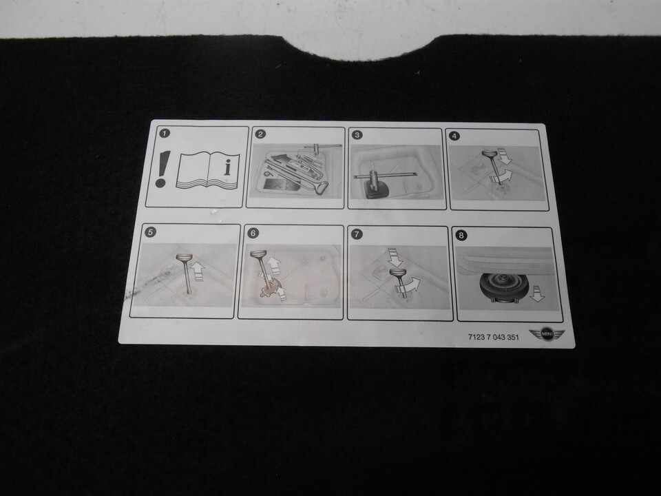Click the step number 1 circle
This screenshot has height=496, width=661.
click(165, 134)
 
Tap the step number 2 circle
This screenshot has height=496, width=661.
click(261, 134)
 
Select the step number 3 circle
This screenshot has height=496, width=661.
click(357, 135)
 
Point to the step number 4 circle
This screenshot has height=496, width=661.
click(454, 136)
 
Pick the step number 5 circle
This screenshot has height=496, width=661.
click(149, 231)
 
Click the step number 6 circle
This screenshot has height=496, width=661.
click(253, 233)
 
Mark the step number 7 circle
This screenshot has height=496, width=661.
click(357, 234)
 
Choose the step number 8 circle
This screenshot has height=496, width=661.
click(461, 236)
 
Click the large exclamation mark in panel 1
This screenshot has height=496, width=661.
click(162, 169)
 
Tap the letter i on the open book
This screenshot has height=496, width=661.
click(228, 167)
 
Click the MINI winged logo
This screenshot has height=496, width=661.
click(547, 334)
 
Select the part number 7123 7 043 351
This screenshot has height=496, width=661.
click(493, 337)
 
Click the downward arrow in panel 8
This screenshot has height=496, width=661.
click(536, 293)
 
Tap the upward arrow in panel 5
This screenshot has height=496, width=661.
click(198, 271)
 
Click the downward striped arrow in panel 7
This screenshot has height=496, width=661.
click(395, 257)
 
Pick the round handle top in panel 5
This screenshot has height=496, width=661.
click(185, 257)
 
